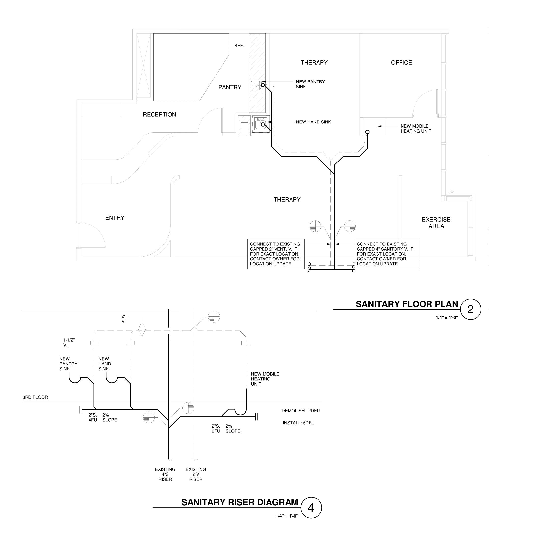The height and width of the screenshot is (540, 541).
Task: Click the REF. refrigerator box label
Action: tap(239, 46)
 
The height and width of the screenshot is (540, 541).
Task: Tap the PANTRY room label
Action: tap(230, 87)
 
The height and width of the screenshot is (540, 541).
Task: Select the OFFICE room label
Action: tap(401, 63)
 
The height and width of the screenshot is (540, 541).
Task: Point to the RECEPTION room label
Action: tap(159, 114)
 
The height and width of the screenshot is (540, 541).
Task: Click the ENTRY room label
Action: tap(114, 218)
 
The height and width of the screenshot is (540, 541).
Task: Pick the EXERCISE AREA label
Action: tap(436, 223)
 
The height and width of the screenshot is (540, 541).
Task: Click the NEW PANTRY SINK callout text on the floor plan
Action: tap(310, 84)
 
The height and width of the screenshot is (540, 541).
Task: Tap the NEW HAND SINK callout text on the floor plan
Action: tap(313, 122)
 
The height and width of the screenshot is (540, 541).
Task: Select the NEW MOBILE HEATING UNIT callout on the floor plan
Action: tap(416, 128)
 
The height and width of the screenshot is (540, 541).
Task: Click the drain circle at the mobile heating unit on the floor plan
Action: tap(367, 132)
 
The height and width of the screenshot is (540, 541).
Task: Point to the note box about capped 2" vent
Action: tap(276, 254)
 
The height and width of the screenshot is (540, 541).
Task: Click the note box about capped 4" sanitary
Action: tap(387, 254)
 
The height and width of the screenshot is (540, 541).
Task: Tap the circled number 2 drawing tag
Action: tap(471, 309)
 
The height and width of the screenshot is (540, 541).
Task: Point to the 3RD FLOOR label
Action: tap(35, 397)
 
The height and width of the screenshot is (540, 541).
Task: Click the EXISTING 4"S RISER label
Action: tap(165, 474)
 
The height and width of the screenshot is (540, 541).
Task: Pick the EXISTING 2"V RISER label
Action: tap(196, 474)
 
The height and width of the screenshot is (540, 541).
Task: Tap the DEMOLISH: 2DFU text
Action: tap(301, 411)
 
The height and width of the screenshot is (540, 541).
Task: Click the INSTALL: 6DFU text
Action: tap(299, 423)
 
